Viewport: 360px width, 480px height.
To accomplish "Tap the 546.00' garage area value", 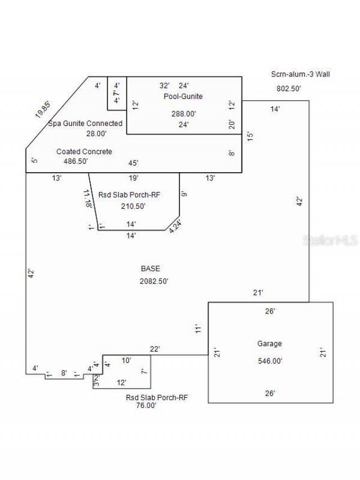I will coord(270,361).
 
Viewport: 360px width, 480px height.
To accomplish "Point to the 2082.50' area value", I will coord(154,281).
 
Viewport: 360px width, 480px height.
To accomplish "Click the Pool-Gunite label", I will coord(183,96).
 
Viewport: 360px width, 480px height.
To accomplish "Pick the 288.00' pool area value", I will coord(183,114).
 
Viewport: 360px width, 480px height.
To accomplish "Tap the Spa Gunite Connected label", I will coord(85,123).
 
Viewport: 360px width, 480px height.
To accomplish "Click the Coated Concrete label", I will coord(84,151).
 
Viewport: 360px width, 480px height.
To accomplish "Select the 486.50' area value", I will coord(79,161).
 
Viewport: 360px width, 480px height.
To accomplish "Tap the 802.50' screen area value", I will coord(289,88).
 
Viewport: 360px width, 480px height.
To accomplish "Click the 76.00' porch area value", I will coord(141,405).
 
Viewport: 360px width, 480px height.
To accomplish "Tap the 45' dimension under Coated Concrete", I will coord(133,163).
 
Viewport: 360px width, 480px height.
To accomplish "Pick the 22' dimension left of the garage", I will coord(155,349).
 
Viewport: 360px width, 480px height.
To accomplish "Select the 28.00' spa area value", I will coord(96,133).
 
